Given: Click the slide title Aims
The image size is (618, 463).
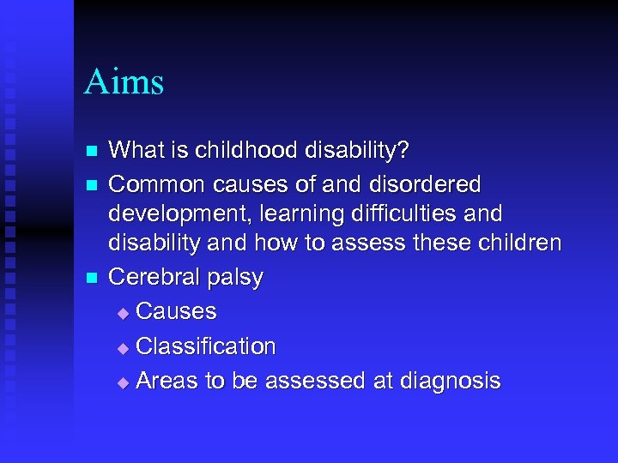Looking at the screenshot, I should click(124, 82).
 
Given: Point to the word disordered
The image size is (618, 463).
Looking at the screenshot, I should click(429, 184).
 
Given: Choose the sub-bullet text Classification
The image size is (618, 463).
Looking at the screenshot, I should click(205, 346).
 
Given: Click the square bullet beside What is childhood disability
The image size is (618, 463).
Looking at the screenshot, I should click(94, 153).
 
